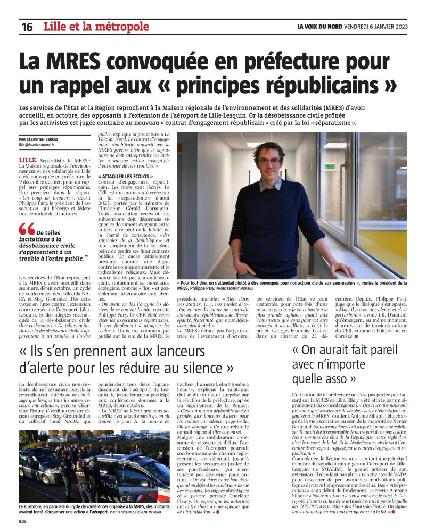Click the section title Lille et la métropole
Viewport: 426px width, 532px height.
click(x=96, y=27)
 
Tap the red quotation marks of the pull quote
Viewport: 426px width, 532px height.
click(x=27, y=229)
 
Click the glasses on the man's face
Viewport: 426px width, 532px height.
click(x=268, y=161)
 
